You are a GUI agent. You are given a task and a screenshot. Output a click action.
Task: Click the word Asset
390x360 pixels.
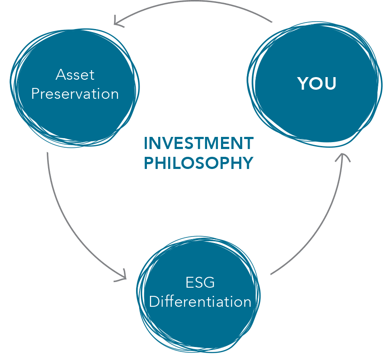[x=75, y=75]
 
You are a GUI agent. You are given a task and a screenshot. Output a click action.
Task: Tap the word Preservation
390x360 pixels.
[x=75, y=94]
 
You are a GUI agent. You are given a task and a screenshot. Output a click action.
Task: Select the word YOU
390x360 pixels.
[x=317, y=83]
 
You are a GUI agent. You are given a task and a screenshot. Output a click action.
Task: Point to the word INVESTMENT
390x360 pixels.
[x=199, y=143]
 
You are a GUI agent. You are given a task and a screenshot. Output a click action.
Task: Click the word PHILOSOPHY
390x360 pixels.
[x=198, y=163]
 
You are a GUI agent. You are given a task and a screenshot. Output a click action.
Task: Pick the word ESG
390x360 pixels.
[x=200, y=282]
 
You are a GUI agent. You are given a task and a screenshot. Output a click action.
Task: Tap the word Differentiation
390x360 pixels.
[x=200, y=302]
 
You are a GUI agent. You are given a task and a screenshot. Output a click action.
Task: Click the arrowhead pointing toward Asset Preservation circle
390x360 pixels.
[x=117, y=21]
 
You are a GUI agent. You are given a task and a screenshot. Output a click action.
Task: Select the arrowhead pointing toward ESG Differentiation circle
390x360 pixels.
[x=122, y=276]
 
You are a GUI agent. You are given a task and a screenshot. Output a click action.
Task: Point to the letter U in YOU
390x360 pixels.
[x=330, y=83]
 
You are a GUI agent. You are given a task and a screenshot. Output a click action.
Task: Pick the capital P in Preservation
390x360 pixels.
[x=36, y=94]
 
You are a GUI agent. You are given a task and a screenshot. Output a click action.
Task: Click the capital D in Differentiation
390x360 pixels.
[x=154, y=302]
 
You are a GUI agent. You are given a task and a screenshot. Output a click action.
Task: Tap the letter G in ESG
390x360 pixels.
[x=209, y=282]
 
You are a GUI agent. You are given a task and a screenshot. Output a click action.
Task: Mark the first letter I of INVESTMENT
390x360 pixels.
[x=146, y=143]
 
